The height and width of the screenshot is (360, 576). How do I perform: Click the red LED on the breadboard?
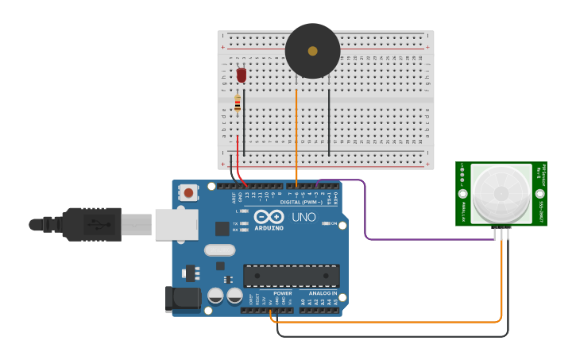click(x=242, y=75)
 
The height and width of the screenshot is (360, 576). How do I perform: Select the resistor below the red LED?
click(x=238, y=103)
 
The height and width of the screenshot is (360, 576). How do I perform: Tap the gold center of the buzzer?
click(x=312, y=51)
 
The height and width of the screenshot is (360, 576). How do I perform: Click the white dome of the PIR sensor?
click(x=501, y=193)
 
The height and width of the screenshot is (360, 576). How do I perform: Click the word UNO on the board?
click(x=303, y=217)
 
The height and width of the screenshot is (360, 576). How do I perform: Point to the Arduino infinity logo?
click(x=269, y=217)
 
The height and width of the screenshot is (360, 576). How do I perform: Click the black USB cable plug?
click(x=91, y=224)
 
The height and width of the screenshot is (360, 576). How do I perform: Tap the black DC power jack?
click(x=181, y=299)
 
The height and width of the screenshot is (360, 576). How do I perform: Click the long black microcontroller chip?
click(x=292, y=276)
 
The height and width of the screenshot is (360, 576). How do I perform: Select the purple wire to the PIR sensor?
click(x=365, y=215)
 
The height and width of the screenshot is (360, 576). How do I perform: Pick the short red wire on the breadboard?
click(x=238, y=151)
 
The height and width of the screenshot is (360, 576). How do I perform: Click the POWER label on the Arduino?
click(x=282, y=293)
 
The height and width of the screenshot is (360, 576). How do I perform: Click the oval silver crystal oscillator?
click(x=219, y=250)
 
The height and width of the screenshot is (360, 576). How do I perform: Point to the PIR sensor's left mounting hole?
click(x=463, y=193)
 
